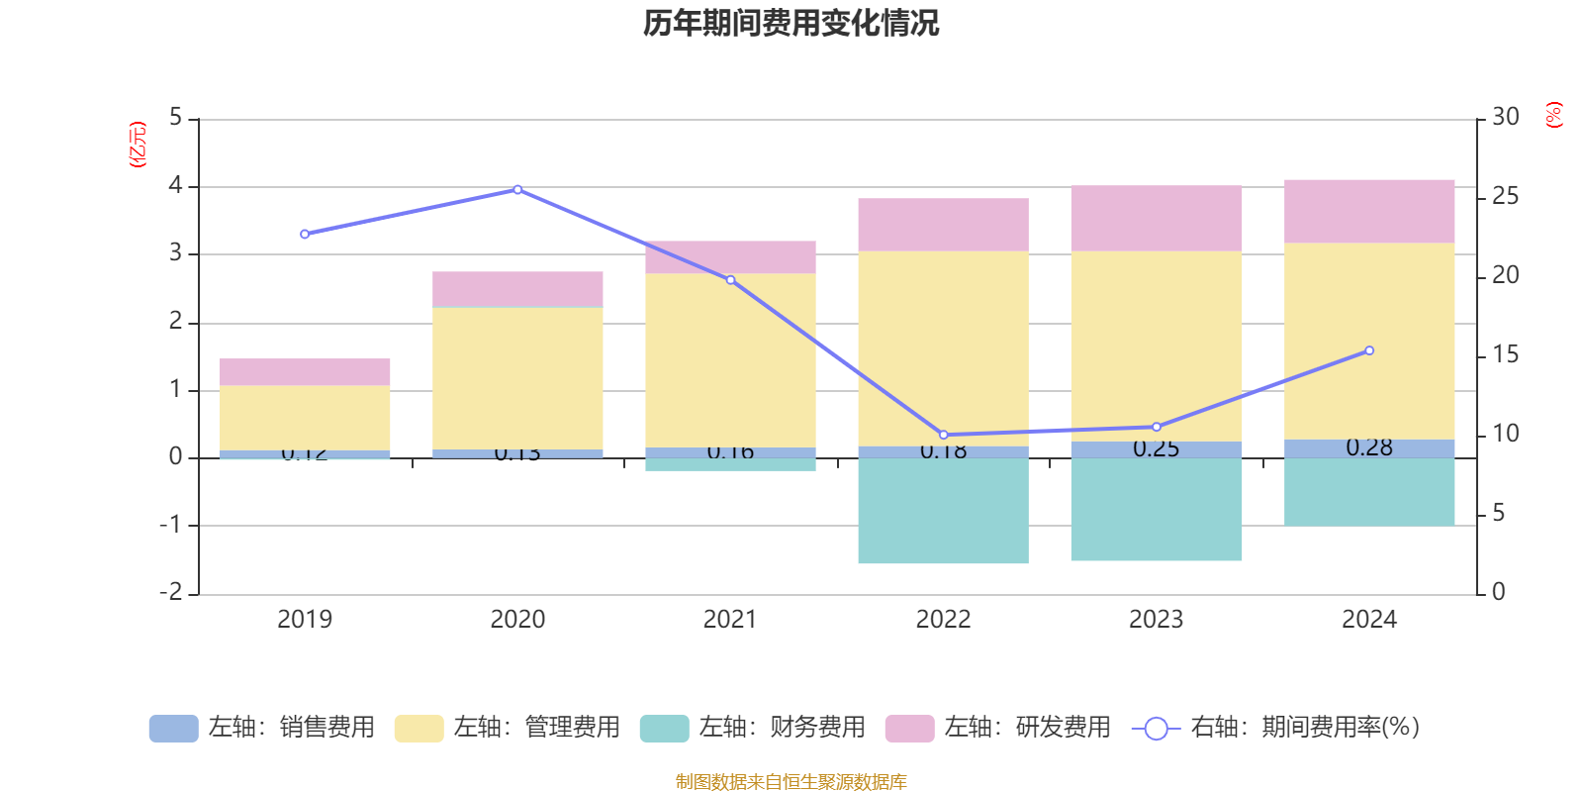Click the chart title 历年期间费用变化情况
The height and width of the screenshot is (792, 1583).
[x=791, y=23]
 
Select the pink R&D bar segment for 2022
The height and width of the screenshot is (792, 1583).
[x=943, y=225]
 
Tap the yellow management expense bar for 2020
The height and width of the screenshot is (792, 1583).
[x=517, y=378]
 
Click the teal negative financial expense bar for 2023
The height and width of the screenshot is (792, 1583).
[x=1156, y=510]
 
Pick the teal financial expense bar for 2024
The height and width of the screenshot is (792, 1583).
[x=1368, y=492]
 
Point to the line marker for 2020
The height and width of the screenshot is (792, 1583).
[x=517, y=189]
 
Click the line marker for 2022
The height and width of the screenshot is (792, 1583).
[x=943, y=435]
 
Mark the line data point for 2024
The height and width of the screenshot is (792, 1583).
[x=1369, y=350]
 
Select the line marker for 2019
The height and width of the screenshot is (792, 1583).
[x=305, y=235]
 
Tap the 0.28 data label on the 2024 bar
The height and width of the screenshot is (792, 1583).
[x=1369, y=448]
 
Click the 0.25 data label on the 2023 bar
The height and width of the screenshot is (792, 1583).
[x=1156, y=449]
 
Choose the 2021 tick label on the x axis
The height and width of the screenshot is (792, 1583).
[x=730, y=620]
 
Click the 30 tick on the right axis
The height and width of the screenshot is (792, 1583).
[x=1505, y=118]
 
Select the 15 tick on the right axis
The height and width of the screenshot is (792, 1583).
[x=1505, y=354]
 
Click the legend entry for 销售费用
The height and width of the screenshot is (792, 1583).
[x=262, y=728]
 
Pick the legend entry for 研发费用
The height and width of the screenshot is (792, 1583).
[x=998, y=728]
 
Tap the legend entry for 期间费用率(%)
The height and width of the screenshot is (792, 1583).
[x=1276, y=728]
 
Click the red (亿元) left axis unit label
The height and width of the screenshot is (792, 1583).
[x=138, y=145]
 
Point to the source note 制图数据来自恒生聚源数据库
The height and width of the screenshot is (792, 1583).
[x=791, y=782]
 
